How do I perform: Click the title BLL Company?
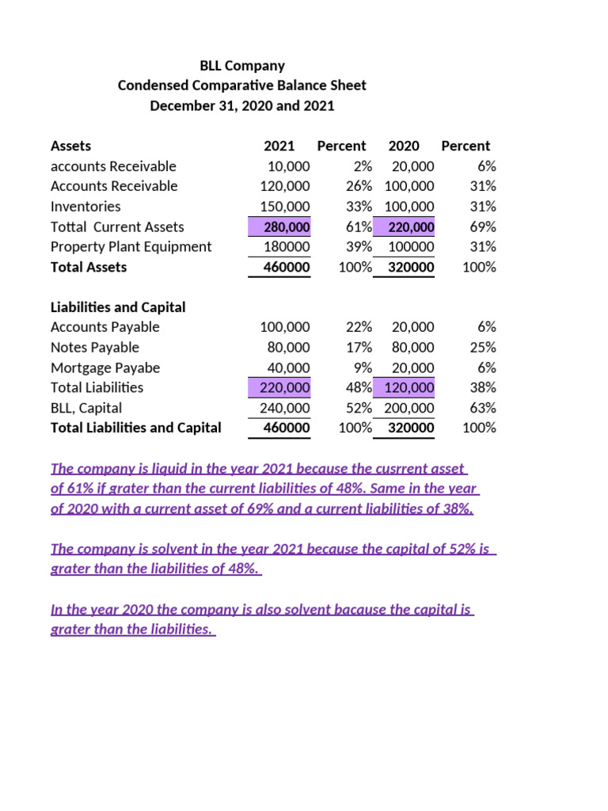(x=242, y=66)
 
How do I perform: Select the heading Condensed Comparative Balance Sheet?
(x=242, y=86)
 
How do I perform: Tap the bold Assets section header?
(x=70, y=146)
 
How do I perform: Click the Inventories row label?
(x=85, y=207)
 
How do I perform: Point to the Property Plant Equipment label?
(x=131, y=247)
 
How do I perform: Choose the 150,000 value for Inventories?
(x=286, y=207)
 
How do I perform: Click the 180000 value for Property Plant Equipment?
(x=287, y=247)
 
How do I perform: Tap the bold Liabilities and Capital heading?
(x=118, y=307)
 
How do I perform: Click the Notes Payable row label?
(x=94, y=348)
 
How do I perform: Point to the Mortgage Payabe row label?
(x=105, y=368)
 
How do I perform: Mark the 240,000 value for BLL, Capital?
(x=286, y=409)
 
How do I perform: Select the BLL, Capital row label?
(x=86, y=409)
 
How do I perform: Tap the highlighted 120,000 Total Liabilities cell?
(x=409, y=388)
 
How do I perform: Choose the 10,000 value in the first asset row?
(x=289, y=166)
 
